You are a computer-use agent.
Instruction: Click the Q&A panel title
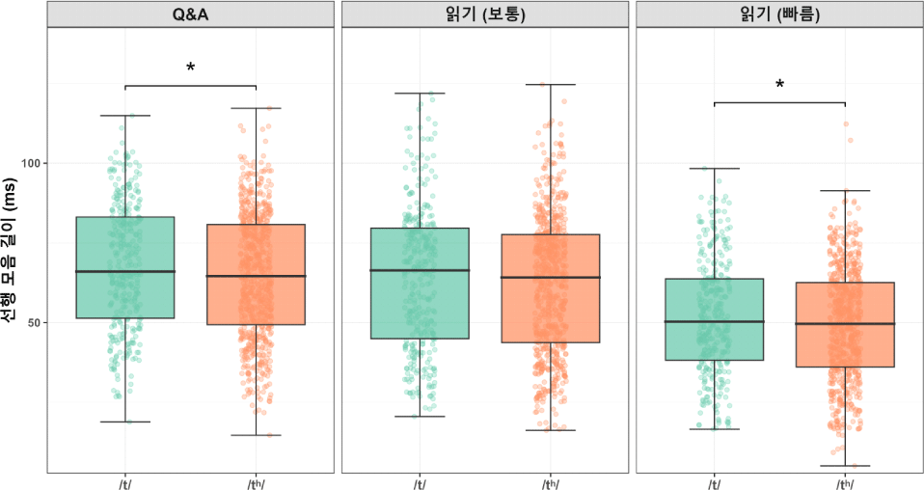(x=190, y=14)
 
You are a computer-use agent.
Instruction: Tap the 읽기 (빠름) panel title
(x=779, y=14)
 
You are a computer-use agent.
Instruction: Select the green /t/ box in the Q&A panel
(x=125, y=289)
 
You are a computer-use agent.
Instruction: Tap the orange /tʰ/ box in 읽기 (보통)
(x=551, y=309)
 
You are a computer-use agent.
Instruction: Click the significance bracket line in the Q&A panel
(x=190, y=85)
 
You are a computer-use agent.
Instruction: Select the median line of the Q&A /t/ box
(x=125, y=271)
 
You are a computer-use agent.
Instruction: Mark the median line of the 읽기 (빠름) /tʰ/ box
(x=845, y=323)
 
